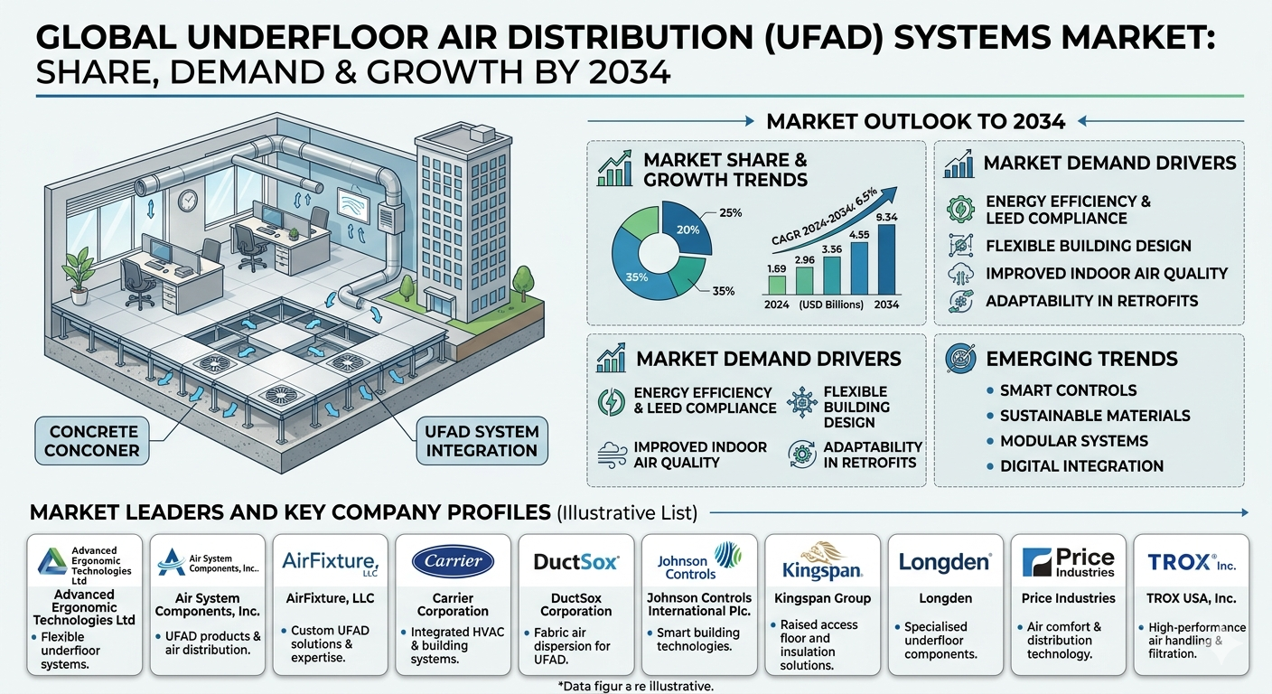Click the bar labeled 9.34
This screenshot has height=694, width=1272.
pos(886,259)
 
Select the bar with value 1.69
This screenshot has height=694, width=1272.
pos(777,285)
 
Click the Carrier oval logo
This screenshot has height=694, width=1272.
pos(453,561)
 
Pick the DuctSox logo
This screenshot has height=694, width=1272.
pos(575,562)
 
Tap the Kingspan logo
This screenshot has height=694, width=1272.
pos(822,560)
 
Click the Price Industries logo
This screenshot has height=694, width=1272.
pos(1068,562)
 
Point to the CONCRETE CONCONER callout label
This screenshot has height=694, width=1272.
pos(92,441)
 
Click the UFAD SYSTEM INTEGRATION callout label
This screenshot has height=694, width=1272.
pos(482,441)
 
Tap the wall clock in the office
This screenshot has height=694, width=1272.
pos(187,201)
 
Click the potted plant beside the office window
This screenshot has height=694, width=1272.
pos(79,276)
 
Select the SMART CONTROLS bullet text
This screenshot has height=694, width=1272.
pos(1068,390)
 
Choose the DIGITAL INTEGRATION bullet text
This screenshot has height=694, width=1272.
pos(1081,466)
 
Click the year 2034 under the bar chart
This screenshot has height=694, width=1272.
pos(886,305)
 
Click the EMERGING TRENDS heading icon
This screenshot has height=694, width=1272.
pos(961,359)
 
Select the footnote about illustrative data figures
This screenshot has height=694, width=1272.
pos(635,686)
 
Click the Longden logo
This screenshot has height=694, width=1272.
pos(945,562)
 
